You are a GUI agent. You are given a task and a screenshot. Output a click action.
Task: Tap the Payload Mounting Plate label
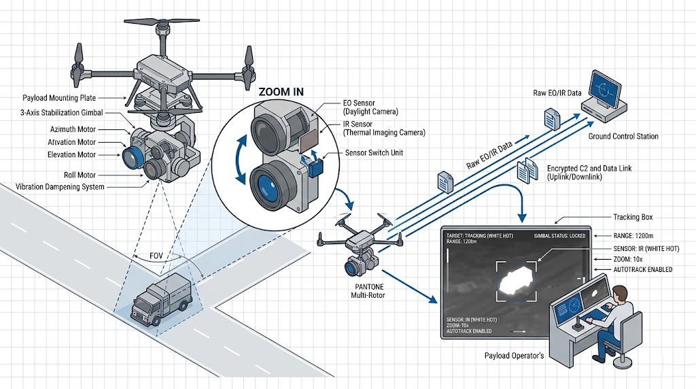59,98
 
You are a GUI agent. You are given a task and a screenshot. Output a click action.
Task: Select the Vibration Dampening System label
60,186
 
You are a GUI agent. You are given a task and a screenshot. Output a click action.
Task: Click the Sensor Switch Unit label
374,153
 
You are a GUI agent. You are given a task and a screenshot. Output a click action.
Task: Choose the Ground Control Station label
623,137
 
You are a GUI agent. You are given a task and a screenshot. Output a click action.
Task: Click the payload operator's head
619,295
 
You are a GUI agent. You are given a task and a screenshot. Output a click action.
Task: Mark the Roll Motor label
80,175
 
